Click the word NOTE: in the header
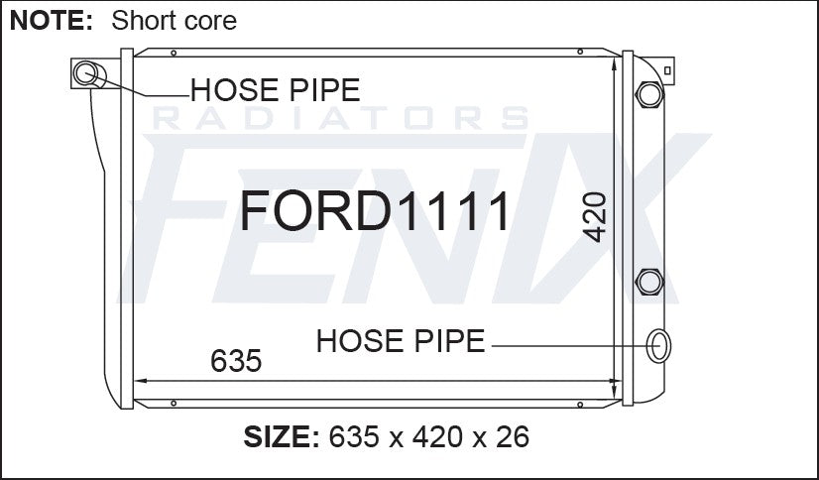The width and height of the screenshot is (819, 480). coord(52,21)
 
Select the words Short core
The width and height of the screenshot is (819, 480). coord(174,21)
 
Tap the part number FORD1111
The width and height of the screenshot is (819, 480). coord(374,210)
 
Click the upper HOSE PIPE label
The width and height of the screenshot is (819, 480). coord(276,90)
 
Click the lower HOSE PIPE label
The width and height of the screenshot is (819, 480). coord(401,340)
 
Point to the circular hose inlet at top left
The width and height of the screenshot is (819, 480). coord(85,72)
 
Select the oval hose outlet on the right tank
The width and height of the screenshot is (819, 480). coord(658,346)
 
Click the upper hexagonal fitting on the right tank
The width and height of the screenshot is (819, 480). coord(649,94)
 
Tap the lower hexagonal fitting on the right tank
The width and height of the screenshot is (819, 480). coord(649,282)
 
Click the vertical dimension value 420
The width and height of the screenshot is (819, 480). coord(594,217)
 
